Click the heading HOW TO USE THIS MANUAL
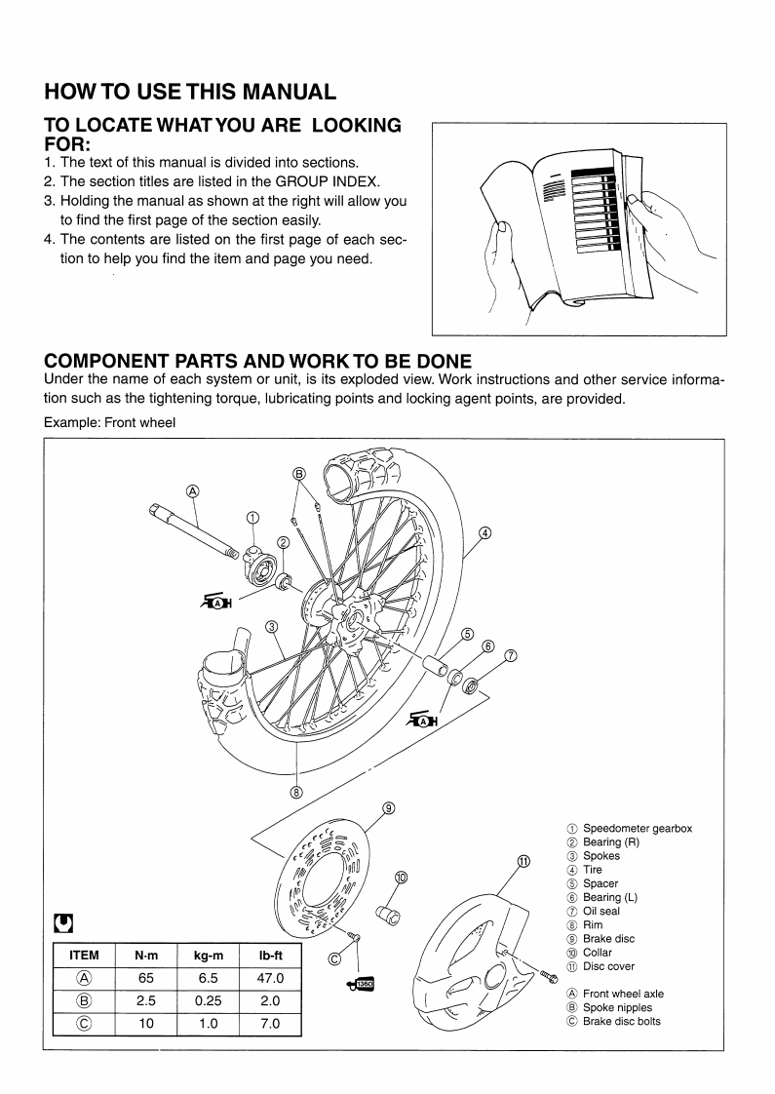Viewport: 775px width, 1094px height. pos(190,93)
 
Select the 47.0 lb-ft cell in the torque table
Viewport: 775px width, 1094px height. pos(263,978)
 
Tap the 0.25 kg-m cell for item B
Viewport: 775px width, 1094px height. pos(197,1000)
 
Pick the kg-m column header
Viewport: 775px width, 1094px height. pos(197,955)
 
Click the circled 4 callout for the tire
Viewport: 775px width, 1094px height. pos(484,532)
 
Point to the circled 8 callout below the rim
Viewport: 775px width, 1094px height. pos(296,791)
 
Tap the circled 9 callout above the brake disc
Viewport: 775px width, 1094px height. pos(388,807)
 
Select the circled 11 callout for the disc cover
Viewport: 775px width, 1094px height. pos(523,861)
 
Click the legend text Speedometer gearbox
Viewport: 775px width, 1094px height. pos(638,829)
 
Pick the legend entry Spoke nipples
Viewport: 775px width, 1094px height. pos(617,1007)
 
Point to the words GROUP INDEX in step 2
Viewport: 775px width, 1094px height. pos(352,182)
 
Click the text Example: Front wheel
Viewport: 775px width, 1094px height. pos(109,422)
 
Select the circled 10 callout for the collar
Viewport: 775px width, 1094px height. pos(400,877)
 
